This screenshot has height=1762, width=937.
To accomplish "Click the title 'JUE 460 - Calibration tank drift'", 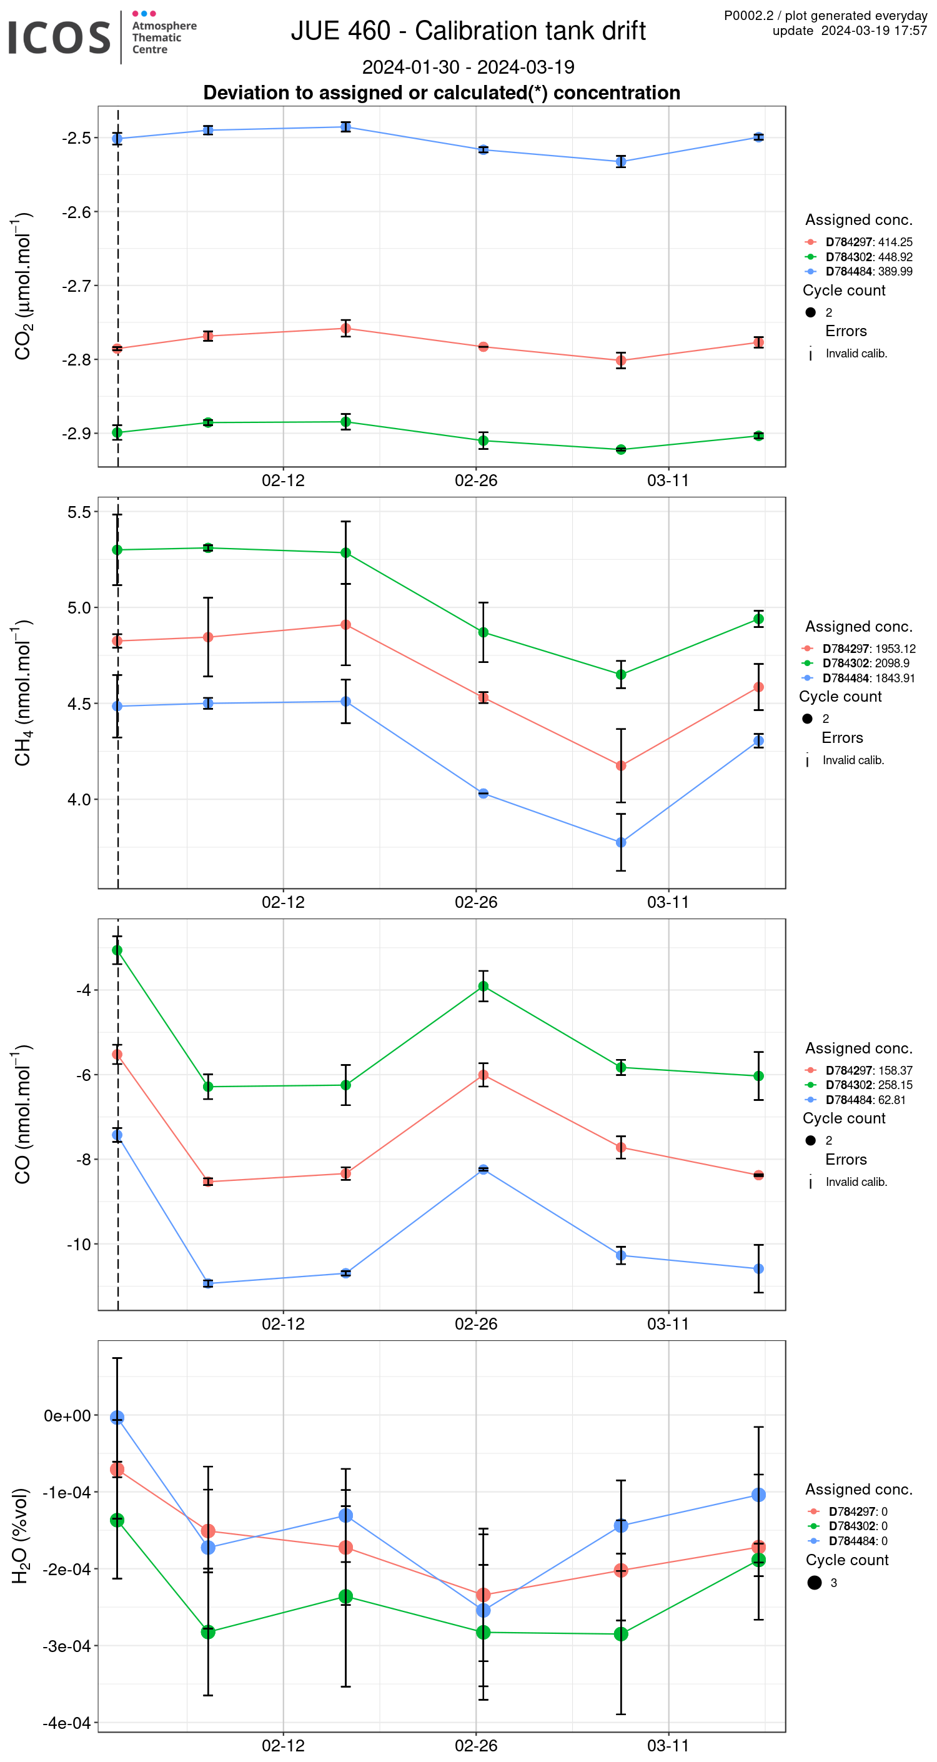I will (468, 31).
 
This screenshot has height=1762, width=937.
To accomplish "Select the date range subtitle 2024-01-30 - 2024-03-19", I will (468, 67).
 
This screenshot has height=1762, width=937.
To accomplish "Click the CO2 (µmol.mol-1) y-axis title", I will (22, 286).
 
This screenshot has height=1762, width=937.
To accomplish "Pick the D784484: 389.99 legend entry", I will (869, 272).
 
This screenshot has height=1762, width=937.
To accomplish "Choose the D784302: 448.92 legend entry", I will (869, 257).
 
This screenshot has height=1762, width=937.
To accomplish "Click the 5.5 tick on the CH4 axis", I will (79, 512).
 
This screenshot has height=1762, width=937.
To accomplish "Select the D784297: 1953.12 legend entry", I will (869, 649).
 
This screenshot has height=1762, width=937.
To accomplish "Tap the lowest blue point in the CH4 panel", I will (620, 843).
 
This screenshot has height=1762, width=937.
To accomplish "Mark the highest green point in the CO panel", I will (117, 950).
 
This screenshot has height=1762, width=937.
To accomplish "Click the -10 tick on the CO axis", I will (79, 1244).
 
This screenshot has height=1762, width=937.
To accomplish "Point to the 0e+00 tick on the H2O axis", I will (67, 1416).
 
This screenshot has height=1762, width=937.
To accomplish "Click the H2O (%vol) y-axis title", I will (21, 1536).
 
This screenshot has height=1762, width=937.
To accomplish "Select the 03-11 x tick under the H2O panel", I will (668, 1745).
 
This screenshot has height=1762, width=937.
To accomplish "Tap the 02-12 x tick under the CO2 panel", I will (283, 481).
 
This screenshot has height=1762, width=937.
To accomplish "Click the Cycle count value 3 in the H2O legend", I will (833, 1583).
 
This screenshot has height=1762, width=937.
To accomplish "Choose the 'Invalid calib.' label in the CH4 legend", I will (853, 760).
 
